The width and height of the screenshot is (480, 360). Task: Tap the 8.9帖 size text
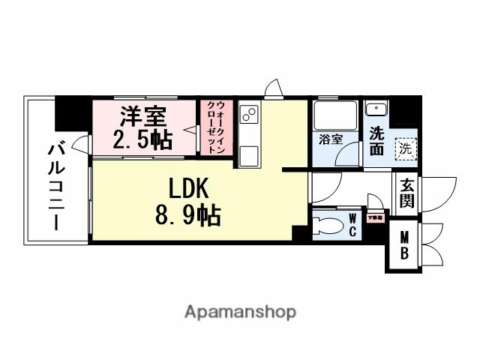[x=187, y=217]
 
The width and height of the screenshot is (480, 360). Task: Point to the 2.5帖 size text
[x=142, y=139]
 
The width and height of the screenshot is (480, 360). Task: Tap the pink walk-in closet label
[x=216, y=127]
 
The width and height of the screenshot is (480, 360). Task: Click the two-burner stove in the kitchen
[x=249, y=115]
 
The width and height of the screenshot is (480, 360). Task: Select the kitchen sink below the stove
[x=249, y=155]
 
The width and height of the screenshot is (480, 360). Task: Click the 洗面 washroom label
[x=376, y=141]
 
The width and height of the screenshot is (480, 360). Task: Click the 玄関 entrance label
[x=407, y=193]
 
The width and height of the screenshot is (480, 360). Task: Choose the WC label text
[x=352, y=224]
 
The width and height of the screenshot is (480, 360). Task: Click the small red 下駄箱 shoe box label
[x=374, y=217]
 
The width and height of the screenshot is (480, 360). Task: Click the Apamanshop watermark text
[x=240, y=311]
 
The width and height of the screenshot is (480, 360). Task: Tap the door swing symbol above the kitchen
[x=274, y=89]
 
